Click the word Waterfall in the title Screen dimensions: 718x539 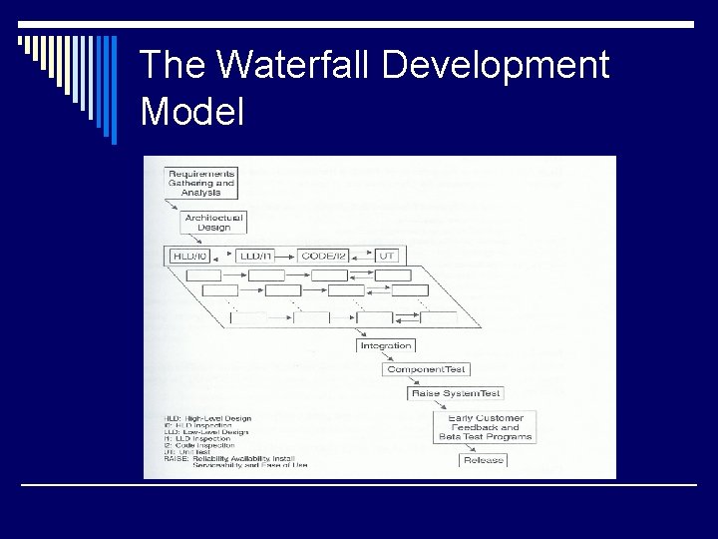(x=295, y=66)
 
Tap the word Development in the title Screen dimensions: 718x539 (x=495, y=66)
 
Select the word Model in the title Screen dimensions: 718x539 (x=192, y=110)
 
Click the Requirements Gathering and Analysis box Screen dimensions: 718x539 (x=200, y=183)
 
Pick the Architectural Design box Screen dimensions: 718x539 (x=213, y=222)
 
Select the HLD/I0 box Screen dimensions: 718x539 (x=190, y=256)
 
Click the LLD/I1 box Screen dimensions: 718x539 (x=256, y=256)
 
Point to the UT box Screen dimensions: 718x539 (x=387, y=256)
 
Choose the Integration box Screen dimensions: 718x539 (x=386, y=345)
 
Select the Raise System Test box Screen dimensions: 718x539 (x=457, y=393)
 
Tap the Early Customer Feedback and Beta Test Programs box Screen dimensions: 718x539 (x=486, y=427)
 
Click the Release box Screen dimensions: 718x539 (x=484, y=460)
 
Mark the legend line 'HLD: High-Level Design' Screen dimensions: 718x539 (x=207, y=418)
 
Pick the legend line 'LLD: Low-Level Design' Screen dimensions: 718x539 (x=205, y=432)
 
